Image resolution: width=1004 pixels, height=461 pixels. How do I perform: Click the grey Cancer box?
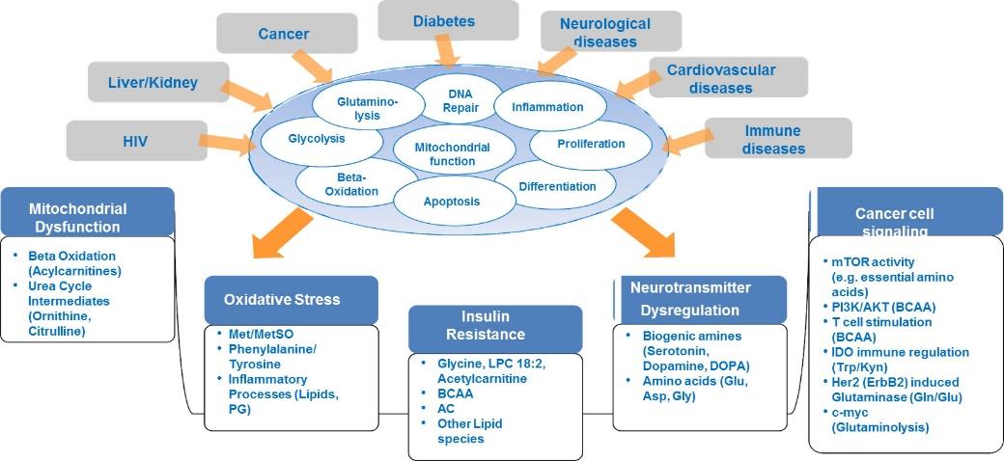pos(287,33)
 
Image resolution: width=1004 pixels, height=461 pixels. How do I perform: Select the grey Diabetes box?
pos(448,20)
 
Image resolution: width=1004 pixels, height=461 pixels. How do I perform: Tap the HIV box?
pos(137,140)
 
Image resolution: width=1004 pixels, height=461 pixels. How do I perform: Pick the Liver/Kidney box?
pos(158,82)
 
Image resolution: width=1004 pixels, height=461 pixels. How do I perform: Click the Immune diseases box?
pos(778,138)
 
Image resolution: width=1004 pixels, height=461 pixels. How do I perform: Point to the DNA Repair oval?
pos(460,99)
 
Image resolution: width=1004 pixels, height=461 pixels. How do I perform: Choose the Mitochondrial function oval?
pos(453,153)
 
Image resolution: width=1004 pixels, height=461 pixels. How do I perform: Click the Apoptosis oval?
pos(451,202)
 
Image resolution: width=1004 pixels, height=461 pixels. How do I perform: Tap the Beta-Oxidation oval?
pos(349,184)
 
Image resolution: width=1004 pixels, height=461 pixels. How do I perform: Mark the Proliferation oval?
pos(581,144)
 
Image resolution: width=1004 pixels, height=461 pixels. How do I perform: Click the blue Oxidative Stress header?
pos(291,300)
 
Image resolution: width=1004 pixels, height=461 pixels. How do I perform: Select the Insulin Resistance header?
pos(495,326)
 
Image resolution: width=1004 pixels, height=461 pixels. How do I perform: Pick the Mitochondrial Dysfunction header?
pos(88,212)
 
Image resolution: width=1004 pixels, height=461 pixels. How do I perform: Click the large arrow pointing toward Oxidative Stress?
pos(283,233)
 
